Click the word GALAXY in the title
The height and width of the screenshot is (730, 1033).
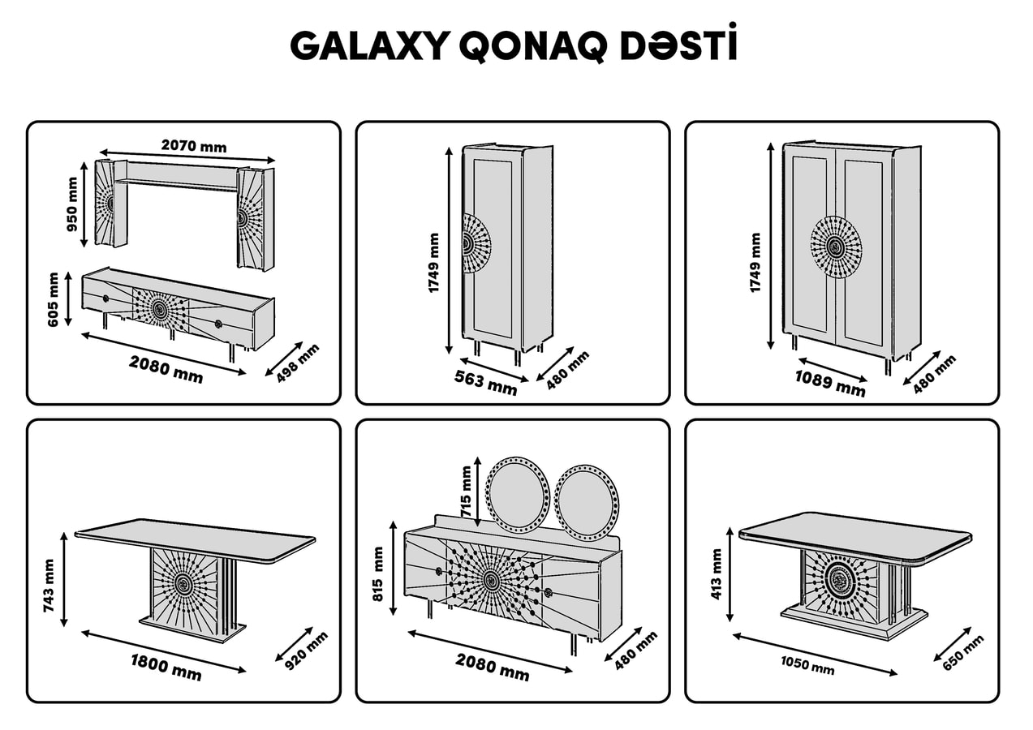coord(370,46)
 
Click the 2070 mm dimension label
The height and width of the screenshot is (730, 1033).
coord(194,147)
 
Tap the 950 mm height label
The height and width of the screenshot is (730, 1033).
coord(72,204)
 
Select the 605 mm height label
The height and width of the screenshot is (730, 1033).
coord(53,300)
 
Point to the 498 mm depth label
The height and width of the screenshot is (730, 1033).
coord(298,363)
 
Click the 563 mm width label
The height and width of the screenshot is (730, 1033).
coord(485,383)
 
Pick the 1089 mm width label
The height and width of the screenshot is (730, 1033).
coord(830,384)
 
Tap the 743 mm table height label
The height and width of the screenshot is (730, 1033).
coord(49,586)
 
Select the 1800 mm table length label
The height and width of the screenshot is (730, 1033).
coord(166,668)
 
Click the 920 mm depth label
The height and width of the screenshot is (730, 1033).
coord(306,651)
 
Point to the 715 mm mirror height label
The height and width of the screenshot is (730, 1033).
coord(467,492)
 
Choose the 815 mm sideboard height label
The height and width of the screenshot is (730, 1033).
coord(377,573)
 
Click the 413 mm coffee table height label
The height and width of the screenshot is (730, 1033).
coord(717,574)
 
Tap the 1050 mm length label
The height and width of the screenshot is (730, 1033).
coord(807,665)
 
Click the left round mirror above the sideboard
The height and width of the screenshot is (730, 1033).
coord(518,495)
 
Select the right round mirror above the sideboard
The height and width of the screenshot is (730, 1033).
coord(586,503)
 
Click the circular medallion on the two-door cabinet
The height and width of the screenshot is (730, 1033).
coord(836,247)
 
